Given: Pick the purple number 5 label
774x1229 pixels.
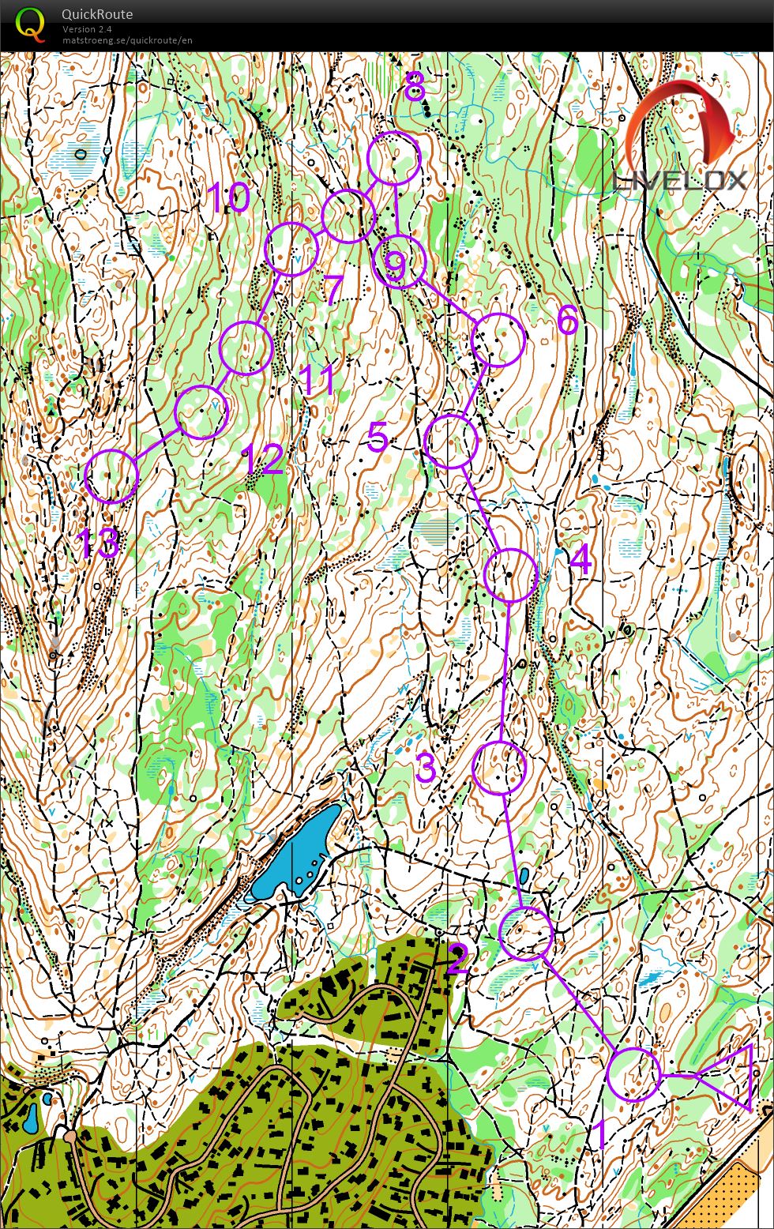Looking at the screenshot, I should (x=378, y=437).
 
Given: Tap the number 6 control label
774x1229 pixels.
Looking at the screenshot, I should (x=567, y=320).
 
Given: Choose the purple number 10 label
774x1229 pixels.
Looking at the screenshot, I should (x=228, y=197).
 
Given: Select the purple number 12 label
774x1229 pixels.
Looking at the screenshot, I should (x=263, y=459).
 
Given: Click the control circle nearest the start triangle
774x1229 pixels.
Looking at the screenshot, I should (x=634, y=1074).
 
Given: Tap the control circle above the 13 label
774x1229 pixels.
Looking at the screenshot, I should (x=111, y=476).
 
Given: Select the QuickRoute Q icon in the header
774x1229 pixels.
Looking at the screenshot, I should (x=30, y=24).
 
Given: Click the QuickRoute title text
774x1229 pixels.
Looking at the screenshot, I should (x=97, y=14).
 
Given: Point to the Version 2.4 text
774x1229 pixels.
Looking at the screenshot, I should (x=88, y=29).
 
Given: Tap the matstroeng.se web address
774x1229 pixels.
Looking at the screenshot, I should (x=127, y=40).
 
